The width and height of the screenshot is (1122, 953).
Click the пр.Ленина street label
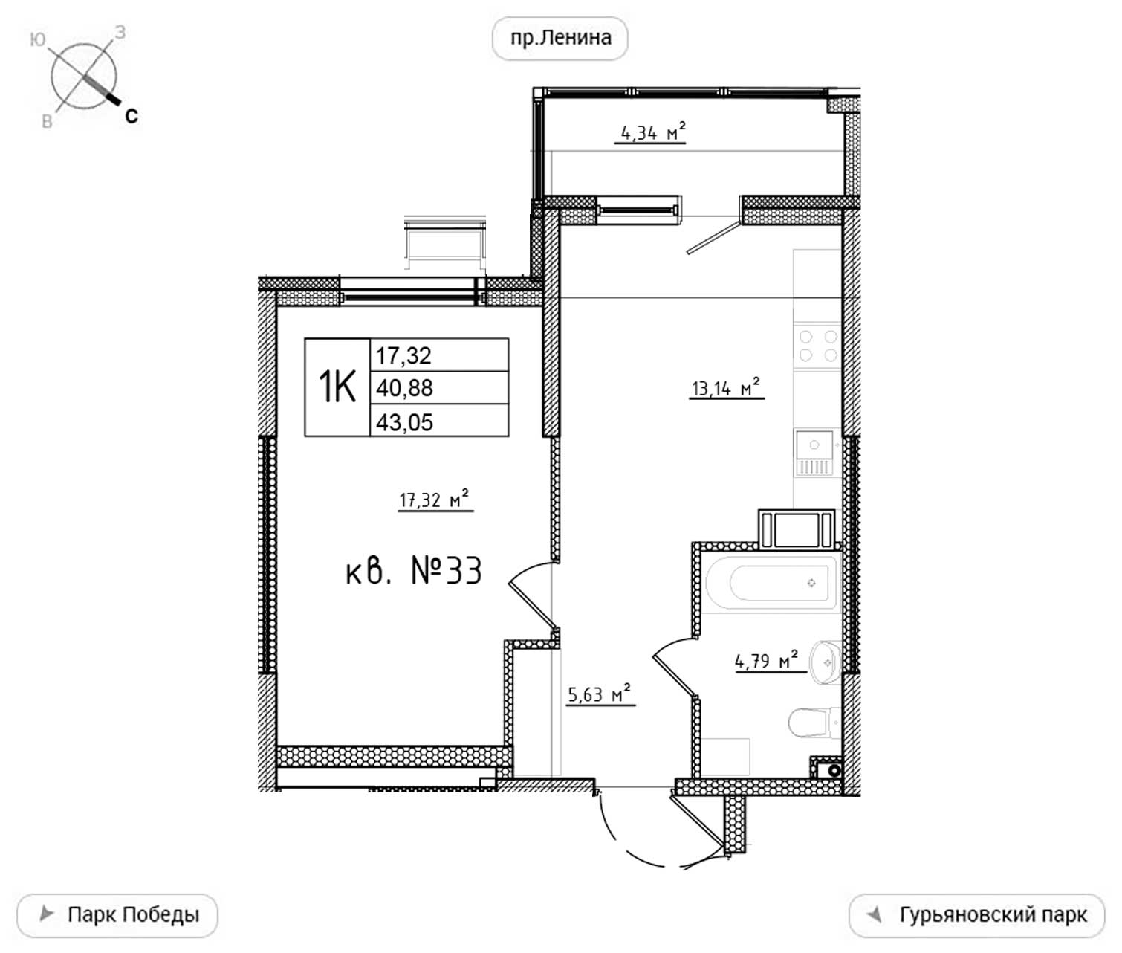coord(560,38)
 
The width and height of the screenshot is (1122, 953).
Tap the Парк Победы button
coord(117,915)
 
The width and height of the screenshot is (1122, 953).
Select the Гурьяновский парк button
coord(976,915)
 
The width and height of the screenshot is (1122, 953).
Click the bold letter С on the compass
coord(132,116)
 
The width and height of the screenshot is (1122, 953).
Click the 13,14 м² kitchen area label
coord(725,387)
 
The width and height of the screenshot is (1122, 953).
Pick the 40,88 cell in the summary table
coord(439,388)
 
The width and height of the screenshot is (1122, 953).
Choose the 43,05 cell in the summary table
coord(439,420)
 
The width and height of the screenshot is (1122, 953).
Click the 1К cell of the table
coord(337,387)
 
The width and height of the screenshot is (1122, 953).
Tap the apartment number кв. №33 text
coord(413,572)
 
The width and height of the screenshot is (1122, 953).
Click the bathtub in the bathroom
coord(771,584)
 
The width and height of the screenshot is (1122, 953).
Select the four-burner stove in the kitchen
coord(817,346)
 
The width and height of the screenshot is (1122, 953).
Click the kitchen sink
coord(814,452)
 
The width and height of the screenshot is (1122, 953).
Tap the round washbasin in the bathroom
coord(825,662)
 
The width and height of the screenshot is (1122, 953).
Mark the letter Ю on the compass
coord(37,40)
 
